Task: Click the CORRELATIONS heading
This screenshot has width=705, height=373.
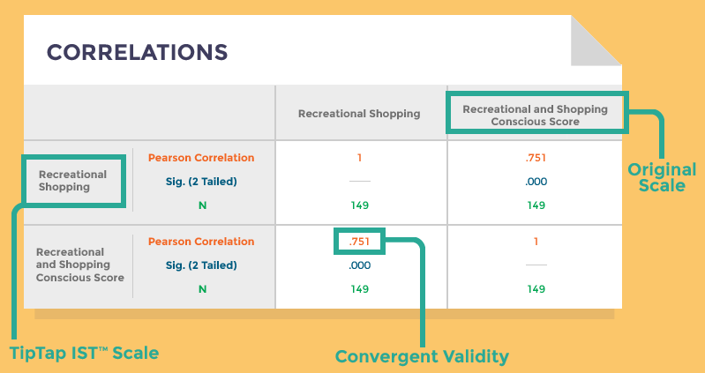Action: click(137, 52)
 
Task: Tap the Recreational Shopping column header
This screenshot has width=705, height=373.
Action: click(359, 114)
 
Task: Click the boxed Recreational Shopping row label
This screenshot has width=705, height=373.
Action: click(73, 181)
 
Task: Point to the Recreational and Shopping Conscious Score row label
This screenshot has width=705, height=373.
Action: click(80, 265)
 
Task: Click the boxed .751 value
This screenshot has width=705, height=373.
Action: click(359, 242)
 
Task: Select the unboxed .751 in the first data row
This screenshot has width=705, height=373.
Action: click(536, 158)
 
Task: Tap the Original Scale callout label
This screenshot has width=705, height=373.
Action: click(662, 177)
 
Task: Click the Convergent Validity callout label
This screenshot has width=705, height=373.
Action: click(422, 357)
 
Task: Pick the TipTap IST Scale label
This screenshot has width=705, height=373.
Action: click(84, 354)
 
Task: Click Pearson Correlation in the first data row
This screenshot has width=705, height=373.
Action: click(201, 158)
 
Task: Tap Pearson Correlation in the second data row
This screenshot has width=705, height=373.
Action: click(201, 242)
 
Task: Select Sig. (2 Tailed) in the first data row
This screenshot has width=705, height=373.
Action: click(201, 182)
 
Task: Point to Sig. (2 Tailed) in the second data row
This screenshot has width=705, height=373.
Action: click(201, 265)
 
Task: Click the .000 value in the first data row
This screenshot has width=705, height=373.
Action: click(536, 182)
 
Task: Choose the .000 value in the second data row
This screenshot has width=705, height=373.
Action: click(360, 265)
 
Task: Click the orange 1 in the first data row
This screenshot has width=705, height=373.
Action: click(359, 158)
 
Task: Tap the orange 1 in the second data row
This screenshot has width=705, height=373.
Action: click(536, 242)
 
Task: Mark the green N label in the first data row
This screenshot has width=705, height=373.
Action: click(202, 205)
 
